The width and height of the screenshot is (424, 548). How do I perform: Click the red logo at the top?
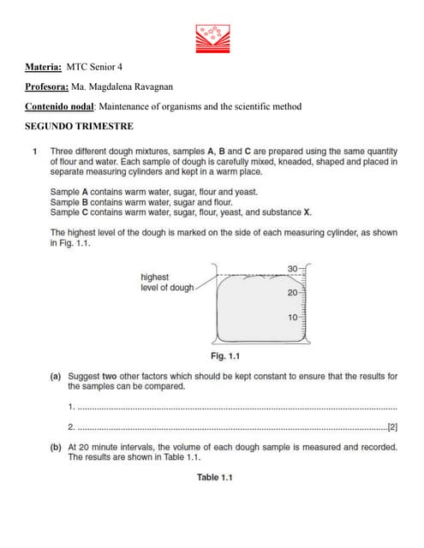pyautogui.click(x=211, y=36)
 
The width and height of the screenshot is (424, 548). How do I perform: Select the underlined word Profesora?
pyautogui.click(x=47, y=86)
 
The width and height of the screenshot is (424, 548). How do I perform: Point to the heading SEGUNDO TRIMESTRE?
pyautogui.click(x=79, y=127)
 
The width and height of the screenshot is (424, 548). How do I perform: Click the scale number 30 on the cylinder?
pyautogui.click(x=292, y=270)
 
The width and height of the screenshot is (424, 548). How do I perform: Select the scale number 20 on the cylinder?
pyautogui.click(x=292, y=293)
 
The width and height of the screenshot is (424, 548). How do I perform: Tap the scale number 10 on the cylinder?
pyautogui.click(x=292, y=317)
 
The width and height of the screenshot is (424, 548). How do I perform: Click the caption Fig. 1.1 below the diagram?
pyautogui.click(x=225, y=356)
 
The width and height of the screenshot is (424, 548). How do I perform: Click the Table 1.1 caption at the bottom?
pyautogui.click(x=214, y=477)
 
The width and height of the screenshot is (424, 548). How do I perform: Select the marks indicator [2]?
pyautogui.click(x=392, y=426)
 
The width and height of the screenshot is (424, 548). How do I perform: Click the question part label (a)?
pyautogui.click(x=55, y=376)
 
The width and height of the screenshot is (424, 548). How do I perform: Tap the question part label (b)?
pyautogui.click(x=55, y=446)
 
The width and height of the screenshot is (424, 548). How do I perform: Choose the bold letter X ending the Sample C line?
pyautogui.click(x=308, y=211)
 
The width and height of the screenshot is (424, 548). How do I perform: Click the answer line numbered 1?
pyautogui.click(x=231, y=406)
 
